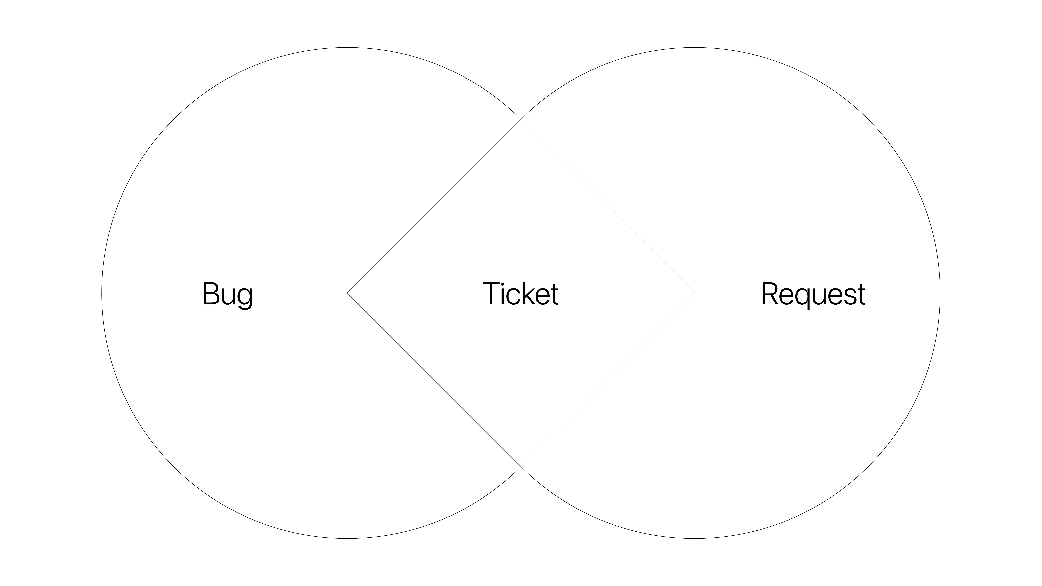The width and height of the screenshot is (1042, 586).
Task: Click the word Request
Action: (x=813, y=294)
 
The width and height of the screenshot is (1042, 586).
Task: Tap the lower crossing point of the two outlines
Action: (x=521, y=466)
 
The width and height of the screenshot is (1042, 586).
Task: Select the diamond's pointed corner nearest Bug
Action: (x=348, y=293)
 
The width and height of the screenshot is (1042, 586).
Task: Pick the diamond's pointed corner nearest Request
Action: (x=694, y=293)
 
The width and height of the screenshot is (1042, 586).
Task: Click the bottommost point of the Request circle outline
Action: (x=694, y=538)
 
